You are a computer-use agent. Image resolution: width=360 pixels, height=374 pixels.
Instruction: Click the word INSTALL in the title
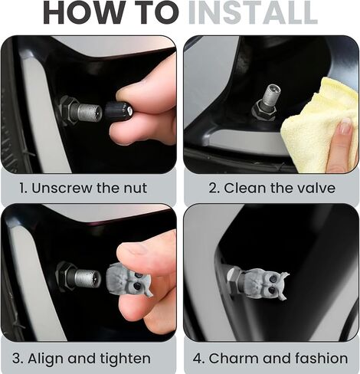point(254,13)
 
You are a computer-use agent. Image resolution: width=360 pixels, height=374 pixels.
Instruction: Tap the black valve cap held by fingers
point(117,111)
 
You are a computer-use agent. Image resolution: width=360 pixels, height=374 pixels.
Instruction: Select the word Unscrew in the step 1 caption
point(62,188)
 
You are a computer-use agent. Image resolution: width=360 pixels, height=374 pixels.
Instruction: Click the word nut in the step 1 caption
point(135,189)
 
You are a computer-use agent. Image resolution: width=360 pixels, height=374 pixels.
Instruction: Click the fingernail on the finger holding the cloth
point(345,126)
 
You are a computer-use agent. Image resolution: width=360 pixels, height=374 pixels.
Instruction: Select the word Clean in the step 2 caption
point(244,188)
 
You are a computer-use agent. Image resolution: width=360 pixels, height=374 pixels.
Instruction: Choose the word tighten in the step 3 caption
point(125,359)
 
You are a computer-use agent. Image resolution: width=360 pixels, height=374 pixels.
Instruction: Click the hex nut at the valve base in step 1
point(67,110)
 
